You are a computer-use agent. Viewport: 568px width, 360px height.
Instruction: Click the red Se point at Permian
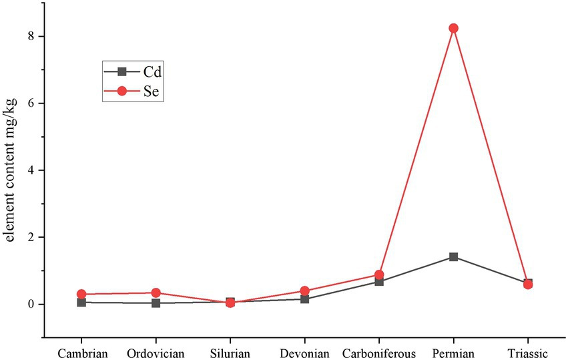(453, 28)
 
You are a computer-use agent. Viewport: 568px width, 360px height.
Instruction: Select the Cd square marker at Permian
(453, 256)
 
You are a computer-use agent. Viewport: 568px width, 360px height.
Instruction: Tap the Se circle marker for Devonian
(304, 291)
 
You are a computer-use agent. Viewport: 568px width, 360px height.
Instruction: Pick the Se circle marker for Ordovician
(156, 293)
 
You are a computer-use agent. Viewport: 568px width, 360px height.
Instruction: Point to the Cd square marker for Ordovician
(156, 303)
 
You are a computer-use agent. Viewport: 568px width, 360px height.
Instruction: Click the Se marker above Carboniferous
(379, 275)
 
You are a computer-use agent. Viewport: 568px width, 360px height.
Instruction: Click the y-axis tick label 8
(30, 36)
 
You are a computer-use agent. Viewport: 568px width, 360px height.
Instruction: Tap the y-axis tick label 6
(30, 103)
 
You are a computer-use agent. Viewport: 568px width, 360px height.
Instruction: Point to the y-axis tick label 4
(30, 170)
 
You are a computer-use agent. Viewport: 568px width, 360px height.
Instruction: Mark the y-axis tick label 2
(30, 237)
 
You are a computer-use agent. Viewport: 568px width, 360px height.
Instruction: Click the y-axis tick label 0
(30, 305)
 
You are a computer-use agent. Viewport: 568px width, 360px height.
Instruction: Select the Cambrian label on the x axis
(81, 353)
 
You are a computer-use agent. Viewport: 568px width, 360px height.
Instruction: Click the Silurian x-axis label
(230, 353)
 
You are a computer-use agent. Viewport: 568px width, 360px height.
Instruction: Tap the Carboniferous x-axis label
(379, 353)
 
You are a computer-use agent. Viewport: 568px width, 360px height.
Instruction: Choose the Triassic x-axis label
(528, 353)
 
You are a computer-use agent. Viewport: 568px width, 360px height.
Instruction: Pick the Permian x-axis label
(453, 353)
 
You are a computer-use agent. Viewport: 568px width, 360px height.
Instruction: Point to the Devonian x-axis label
(304, 353)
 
